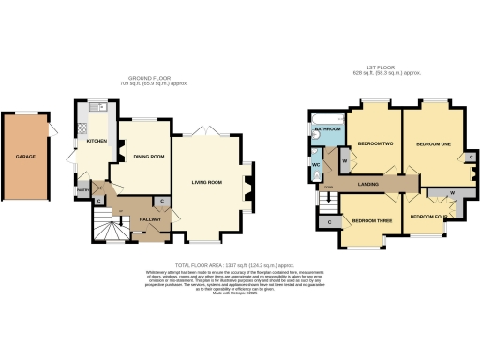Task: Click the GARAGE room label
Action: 26,157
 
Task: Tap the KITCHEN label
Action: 97,142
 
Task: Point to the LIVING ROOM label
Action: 207,182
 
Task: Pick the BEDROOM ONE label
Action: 433,143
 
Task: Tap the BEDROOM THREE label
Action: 364,221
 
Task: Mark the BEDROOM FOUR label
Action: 427,217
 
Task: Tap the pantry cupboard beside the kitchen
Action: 82,191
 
